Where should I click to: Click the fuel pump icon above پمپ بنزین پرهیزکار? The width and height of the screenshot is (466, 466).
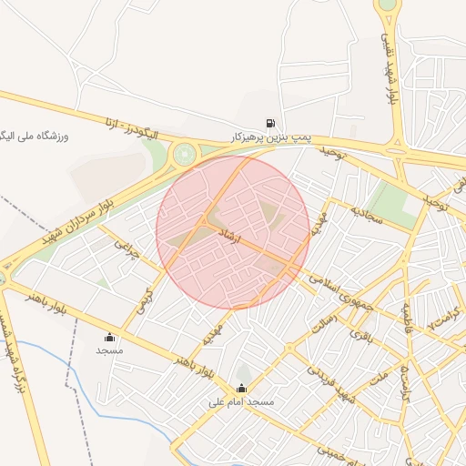269,123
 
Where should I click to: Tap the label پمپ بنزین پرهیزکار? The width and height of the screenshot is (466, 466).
270,136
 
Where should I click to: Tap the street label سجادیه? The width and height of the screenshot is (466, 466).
369,214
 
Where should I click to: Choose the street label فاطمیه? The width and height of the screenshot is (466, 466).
401,314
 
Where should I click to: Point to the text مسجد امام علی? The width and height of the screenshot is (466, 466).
240,401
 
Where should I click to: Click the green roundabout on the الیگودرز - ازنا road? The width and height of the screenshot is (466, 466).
185,154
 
